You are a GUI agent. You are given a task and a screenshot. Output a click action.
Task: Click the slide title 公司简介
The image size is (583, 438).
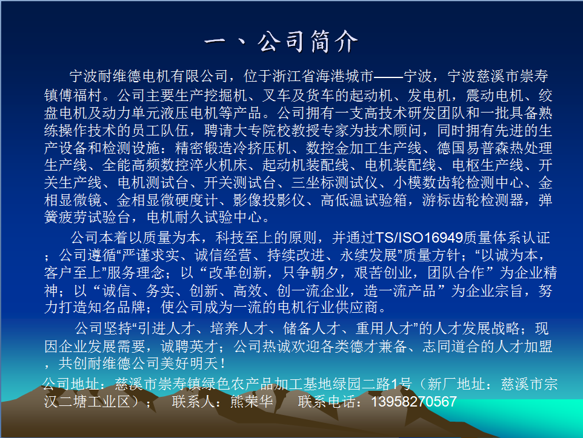click(x=308, y=41)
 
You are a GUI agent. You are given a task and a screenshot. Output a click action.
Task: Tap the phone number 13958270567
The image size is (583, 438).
click(x=414, y=402)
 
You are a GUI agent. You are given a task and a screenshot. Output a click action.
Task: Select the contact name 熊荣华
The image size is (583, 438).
click(x=252, y=402)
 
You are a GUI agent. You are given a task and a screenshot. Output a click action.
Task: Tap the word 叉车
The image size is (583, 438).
click(x=276, y=96)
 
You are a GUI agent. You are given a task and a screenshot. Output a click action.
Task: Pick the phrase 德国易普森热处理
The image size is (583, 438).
click(x=495, y=148)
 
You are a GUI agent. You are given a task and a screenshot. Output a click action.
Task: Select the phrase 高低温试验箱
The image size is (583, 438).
click(x=364, y=200)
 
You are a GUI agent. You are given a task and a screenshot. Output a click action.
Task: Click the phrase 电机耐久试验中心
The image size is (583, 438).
click(x=204, y=217)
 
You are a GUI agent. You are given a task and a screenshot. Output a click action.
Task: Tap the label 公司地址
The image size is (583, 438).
click(x=71, y=384)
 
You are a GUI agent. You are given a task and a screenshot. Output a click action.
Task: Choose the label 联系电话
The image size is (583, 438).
click(x=327, y=402)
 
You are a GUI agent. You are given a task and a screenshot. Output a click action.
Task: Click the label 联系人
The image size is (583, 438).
click(x=193, y=402)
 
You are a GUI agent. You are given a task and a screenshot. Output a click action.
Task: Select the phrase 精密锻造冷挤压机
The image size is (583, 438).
click(x=233, y=148)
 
